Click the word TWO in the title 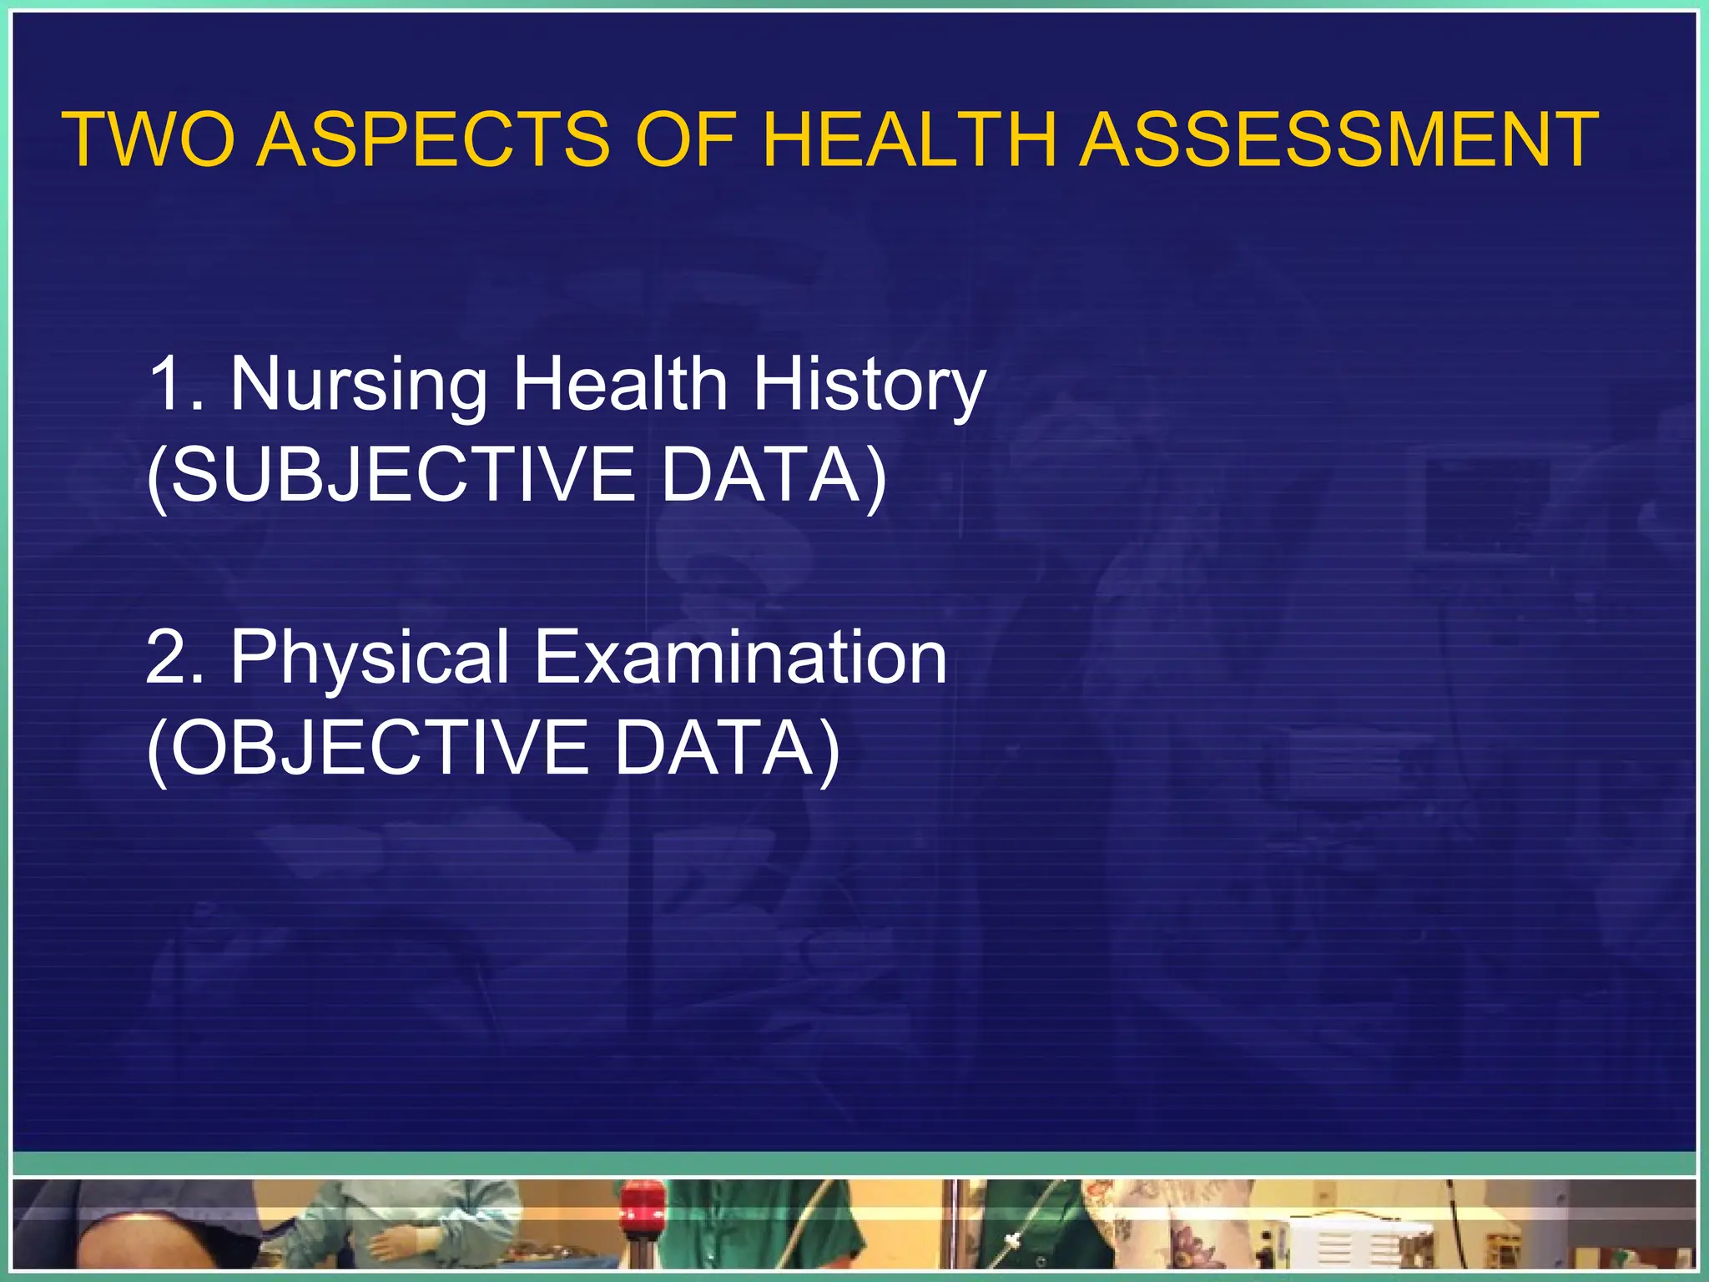(x=150, y=139)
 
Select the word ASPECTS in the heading (x=433, y=139)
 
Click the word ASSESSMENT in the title (x=1338, y=139)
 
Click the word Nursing (x=359, y=385)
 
